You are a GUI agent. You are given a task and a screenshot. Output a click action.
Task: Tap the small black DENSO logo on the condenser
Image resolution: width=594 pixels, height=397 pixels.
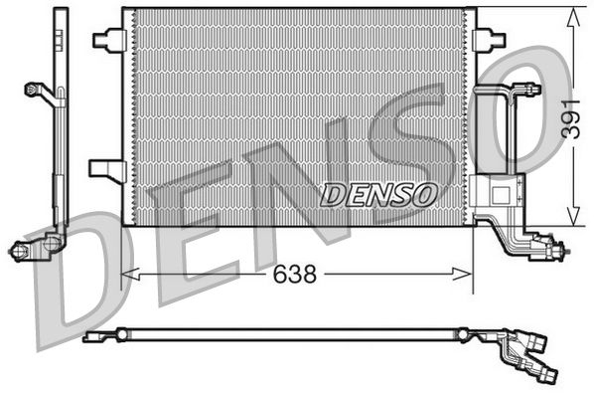[x=377, y=193]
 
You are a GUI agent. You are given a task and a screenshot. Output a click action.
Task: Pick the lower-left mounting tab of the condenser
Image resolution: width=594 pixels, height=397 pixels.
[x=104, y=168]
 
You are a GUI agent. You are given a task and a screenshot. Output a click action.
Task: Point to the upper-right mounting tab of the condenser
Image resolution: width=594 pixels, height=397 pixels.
[x=488, y=40]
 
